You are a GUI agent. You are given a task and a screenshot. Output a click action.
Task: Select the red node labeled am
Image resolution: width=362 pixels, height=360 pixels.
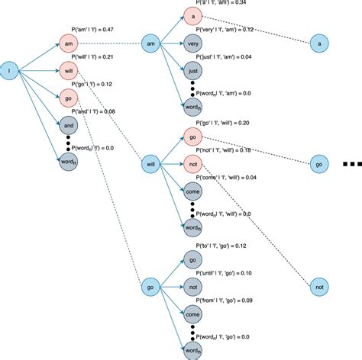tap(69, 45)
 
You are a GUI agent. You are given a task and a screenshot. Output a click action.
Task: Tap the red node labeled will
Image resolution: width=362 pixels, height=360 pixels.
tap(69, 71)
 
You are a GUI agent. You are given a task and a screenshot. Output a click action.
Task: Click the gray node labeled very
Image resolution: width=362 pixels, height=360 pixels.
tap(192, 45)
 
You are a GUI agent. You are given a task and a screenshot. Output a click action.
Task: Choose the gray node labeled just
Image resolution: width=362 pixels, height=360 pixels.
tap(192, 72)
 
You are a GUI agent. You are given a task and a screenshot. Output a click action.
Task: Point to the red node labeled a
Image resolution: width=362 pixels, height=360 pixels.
tap(192, 18)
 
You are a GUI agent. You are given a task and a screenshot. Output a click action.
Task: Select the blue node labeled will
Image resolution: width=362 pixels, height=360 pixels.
tap(150, 164)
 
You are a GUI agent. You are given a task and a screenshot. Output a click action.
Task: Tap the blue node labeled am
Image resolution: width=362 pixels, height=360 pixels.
tap(150, 45)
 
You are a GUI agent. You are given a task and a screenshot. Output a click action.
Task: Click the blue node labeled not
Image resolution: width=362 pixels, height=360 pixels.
tap(320, 287)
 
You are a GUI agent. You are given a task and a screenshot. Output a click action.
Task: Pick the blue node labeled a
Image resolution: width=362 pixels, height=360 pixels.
tap(320, 45)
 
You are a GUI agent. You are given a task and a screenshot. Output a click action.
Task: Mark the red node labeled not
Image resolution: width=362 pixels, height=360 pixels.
tap(192, 163)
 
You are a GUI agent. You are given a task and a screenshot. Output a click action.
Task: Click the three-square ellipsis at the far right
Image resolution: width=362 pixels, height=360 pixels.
tap(352, 163)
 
